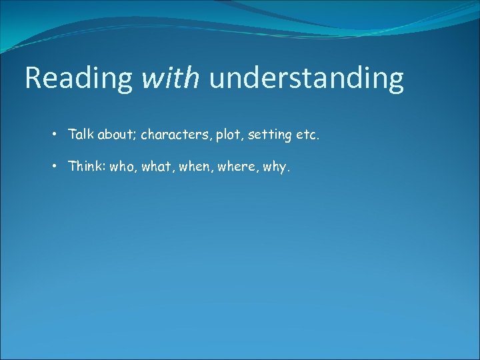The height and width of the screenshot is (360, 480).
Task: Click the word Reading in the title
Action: [x=79, y=79]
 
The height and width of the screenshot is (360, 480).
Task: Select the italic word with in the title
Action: [x=171, y=79]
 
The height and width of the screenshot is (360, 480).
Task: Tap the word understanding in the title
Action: [x=306, y=79]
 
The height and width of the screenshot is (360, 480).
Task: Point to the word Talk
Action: [x=81, y=135]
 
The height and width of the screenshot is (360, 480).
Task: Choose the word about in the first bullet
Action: [x=117, y=135]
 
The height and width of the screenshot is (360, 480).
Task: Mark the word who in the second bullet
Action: [x=123, y=167]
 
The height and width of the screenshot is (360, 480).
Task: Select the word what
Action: [x=156, y=167]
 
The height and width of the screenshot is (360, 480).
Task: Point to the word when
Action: [x=193, y=167]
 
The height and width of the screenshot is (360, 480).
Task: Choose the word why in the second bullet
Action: [x=275, y=167]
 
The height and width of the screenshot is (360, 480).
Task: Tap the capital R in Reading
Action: [x=33, y=79]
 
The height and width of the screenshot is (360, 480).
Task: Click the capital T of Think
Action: [x=72, y=167]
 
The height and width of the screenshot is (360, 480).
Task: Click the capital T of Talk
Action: [x=72, y=135]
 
